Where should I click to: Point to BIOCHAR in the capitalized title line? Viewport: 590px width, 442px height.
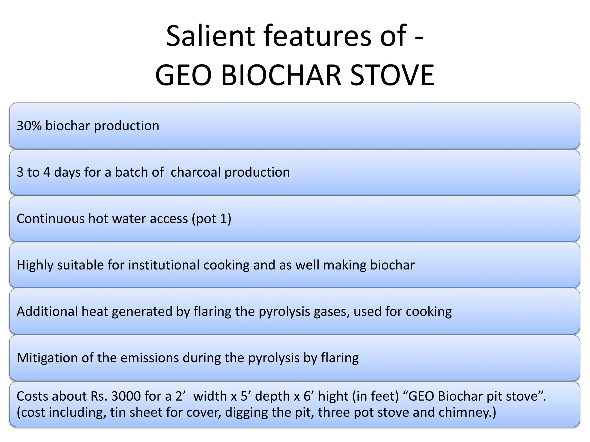coord(281,75)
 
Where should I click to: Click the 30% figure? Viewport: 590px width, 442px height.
coord(29,126)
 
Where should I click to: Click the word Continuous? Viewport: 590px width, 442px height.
coord(50,218)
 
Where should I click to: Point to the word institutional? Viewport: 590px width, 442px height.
coord(164,265)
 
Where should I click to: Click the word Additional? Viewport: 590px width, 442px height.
coord(47,311)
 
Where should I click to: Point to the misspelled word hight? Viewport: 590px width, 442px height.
coord(333,396)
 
